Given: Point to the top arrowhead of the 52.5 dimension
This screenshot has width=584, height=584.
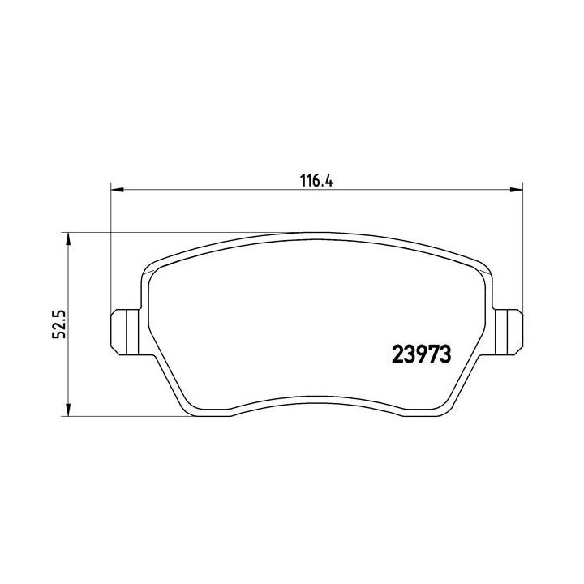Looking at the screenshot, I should click(x=68, y=238).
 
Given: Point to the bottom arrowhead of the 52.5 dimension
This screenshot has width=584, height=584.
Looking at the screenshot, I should click(x=68, y=411).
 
